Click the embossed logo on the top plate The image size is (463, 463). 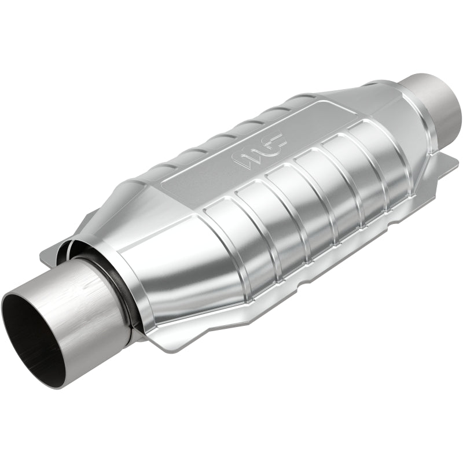pos(260,152)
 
